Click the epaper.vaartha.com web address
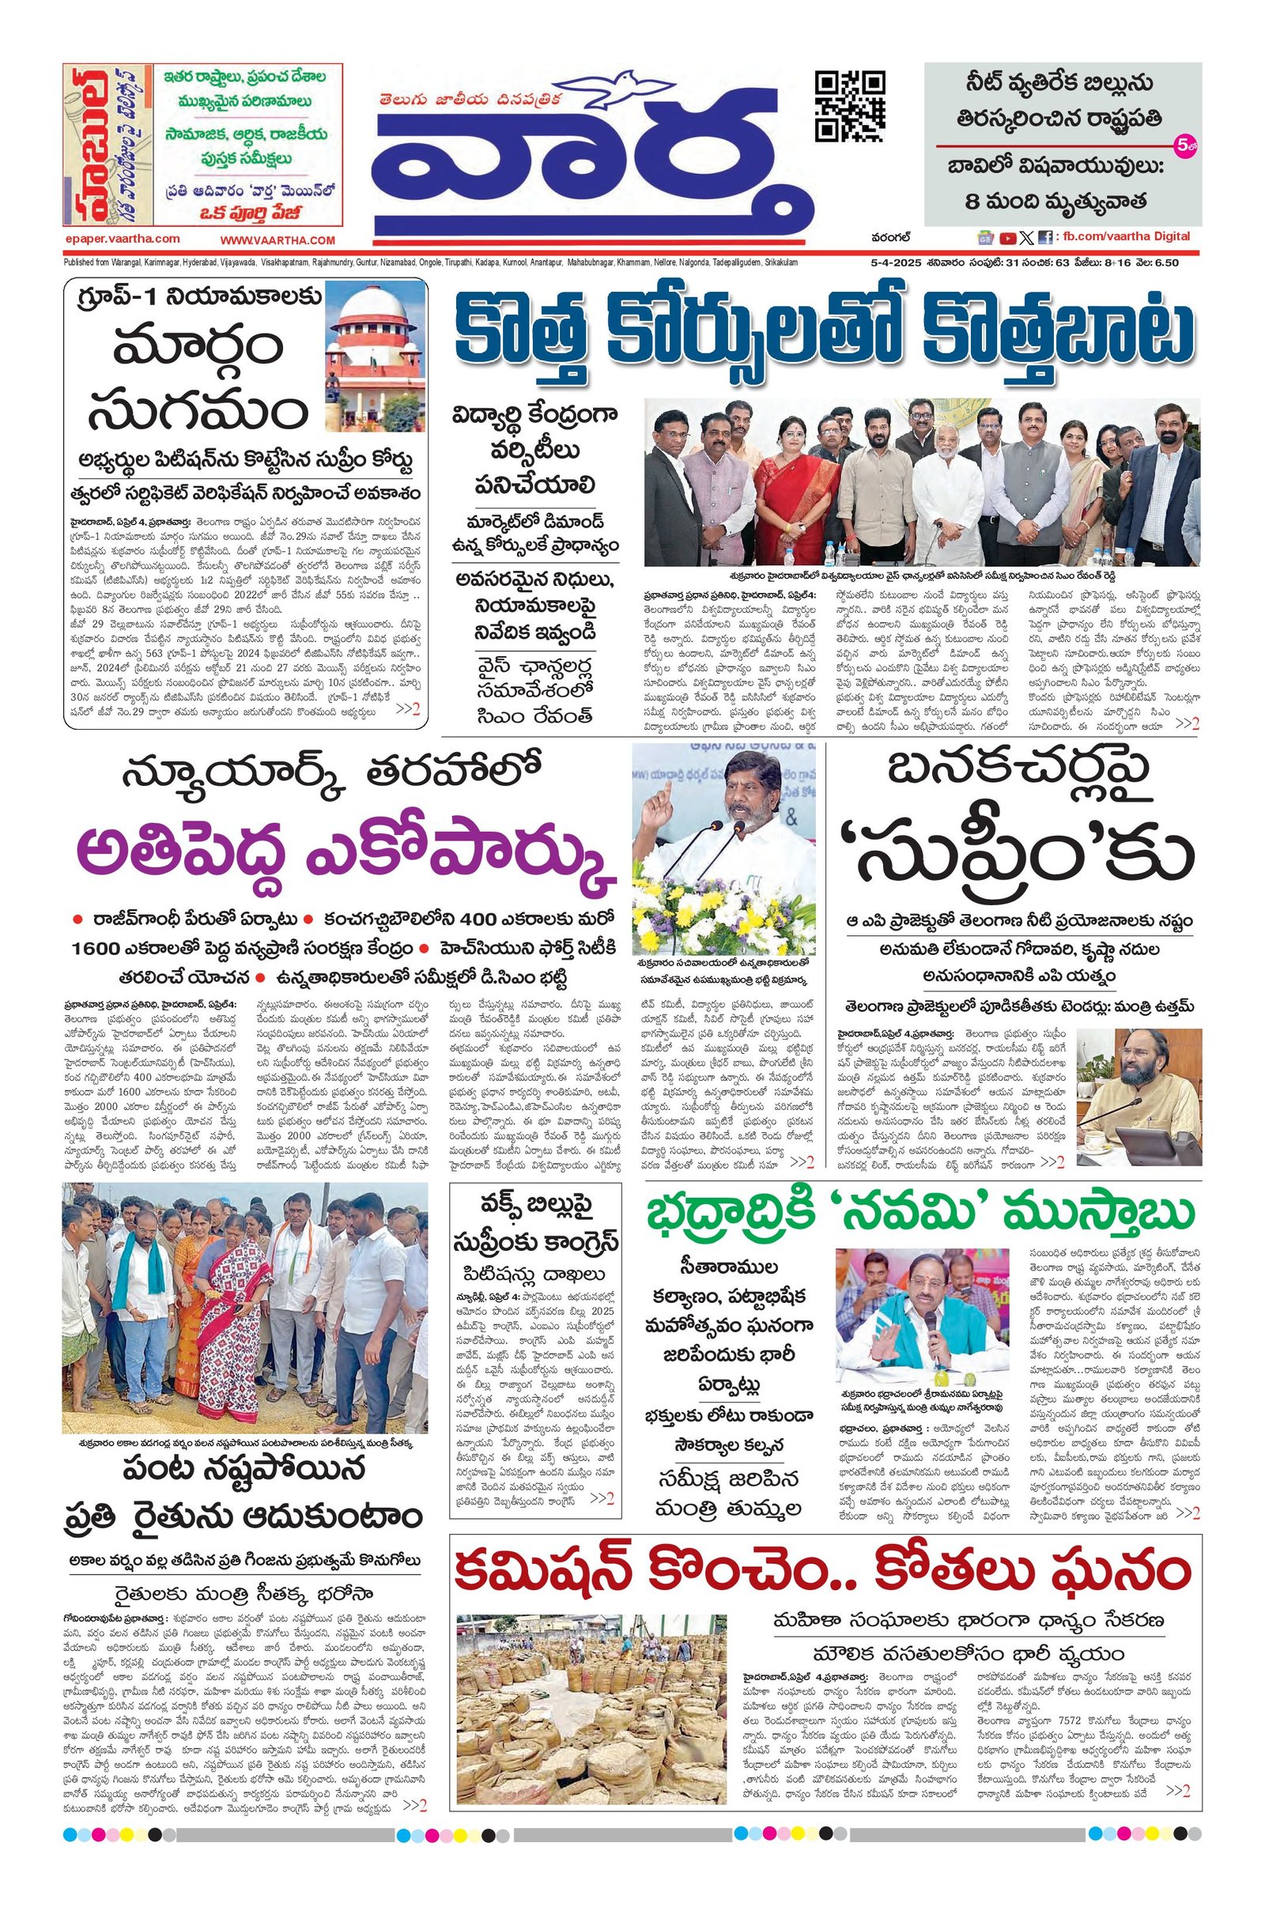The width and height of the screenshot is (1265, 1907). (123, 240)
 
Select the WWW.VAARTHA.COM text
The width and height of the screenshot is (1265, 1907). (277, 240)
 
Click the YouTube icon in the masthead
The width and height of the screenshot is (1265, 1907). (1007, 238)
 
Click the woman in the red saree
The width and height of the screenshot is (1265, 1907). (787, 491)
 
